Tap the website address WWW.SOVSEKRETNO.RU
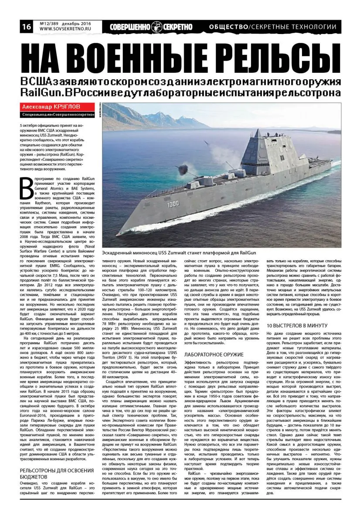click(64, 29)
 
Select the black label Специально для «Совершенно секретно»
click(58, 115)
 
